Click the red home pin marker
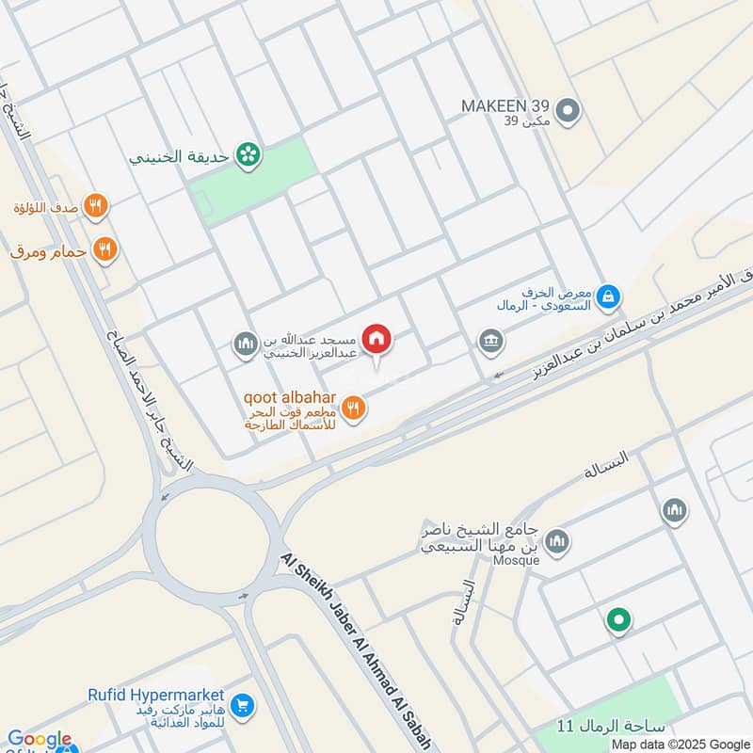click(x=377, y=339)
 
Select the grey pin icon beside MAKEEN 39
click(x=567, y=113)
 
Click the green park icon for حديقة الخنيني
click(x=248, y=154)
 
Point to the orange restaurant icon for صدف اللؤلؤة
click(x=95, y=205)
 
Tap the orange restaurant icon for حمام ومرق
click(x=105, y=249)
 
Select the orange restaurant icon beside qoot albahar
click(x=354, y=408)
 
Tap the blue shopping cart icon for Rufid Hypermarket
click(x=242, y=704)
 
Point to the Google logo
click(x=40, y=740)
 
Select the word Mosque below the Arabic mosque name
click(x=516, y=560)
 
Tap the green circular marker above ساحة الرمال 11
click(x=618, y=620)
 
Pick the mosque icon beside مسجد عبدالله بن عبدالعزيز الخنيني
click(x=246, y=344)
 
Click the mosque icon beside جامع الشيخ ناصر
click(x=558, y=541)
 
